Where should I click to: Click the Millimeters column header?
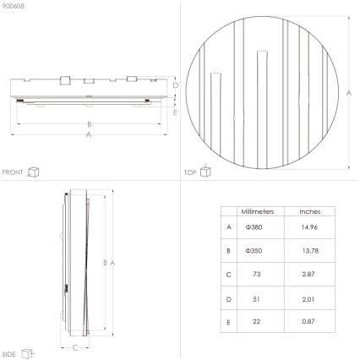coord(254,211)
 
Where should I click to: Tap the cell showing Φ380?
coord(254,227)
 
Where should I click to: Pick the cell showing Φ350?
coord(254,251)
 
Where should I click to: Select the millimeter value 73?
coord(254,275)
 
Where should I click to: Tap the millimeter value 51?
coord(254,298)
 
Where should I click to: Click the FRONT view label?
coord(14,172)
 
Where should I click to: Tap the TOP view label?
coord(190,172)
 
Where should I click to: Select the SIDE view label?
coord(11,355)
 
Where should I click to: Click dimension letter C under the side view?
coord(75,346)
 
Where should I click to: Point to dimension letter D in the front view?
coord(176,85)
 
